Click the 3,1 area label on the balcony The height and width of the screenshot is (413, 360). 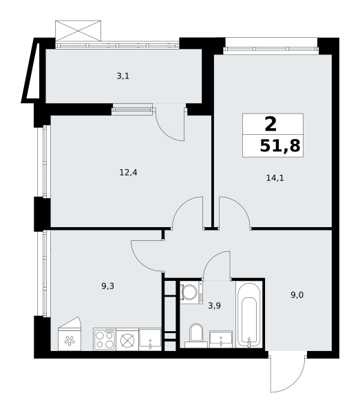click(123, 76)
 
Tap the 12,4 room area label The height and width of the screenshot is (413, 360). click(129, 173)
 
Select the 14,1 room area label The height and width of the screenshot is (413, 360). click(275, 178)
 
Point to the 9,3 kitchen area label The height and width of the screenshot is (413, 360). click(107, 286)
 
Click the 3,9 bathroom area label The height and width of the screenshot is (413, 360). click(214, 306)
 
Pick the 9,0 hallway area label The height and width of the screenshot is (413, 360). click(297, 295)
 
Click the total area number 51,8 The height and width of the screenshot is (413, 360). click(280, 146)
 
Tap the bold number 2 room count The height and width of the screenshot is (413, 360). click(271, 124)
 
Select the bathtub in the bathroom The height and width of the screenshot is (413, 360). click(249, 315)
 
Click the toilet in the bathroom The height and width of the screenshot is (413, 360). click(196, 336)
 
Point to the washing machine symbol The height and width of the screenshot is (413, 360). click(191, 293)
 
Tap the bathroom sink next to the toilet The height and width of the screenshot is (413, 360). click(221, 339)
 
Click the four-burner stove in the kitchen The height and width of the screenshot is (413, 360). click(105, 339)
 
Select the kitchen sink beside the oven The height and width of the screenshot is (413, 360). click(150, 339)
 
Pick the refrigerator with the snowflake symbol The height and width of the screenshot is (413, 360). click(70, 334)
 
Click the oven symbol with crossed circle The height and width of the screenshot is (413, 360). click(127, 339)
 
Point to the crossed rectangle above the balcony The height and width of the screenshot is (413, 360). click(78, 30)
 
